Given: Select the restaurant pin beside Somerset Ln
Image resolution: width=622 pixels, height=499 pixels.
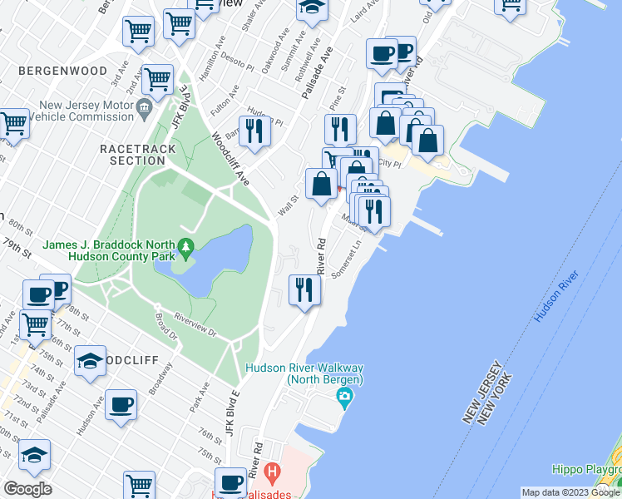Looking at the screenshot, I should pyautogui.click(x=304, y=290).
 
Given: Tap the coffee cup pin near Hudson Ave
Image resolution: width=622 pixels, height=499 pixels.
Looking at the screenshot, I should pyautogui.click(x=121, y=404).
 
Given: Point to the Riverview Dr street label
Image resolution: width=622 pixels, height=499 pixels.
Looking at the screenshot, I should pyautogui.click(x=195, y=324).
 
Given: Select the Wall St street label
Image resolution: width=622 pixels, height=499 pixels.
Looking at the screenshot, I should pyautogui.click(x=288, y=201).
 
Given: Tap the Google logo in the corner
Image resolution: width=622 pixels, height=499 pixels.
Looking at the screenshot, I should pyautogui.click(x=27, y=489).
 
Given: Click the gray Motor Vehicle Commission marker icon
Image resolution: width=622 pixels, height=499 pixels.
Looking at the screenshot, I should pyautogui.click(x=143, y=106).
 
